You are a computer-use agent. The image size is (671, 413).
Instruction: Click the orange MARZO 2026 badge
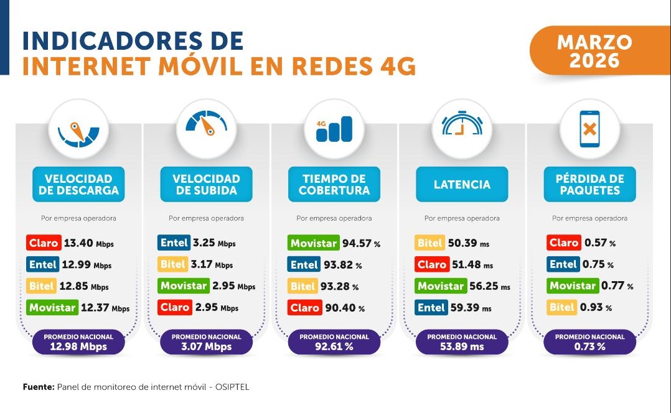tap(594, 52)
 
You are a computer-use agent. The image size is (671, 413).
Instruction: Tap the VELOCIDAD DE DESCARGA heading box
tap(78, 185)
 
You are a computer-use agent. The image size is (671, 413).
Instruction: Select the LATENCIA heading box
tap(462, 185)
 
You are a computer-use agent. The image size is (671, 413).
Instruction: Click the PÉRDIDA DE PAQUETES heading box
tap(589, 185)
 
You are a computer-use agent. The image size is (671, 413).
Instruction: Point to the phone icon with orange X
tap(589, 129)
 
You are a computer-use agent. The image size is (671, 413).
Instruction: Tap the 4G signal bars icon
tap(334, 129)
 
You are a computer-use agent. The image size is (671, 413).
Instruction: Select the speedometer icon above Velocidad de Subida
tap(207, 125)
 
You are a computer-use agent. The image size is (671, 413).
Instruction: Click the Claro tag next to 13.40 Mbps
tap(43, 243)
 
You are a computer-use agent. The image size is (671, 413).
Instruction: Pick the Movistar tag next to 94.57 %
tap(313, 243)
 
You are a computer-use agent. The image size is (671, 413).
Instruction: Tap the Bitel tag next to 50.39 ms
tap(429, 243)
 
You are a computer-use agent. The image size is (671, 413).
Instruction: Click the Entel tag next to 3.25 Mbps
tap(174, 243)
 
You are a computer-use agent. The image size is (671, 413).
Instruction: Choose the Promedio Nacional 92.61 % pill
tap(334, 342)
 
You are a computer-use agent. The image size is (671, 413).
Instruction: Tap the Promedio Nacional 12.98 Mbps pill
tap(78, 342)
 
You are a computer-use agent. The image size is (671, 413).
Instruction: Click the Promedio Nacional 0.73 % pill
tap(589, 342)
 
